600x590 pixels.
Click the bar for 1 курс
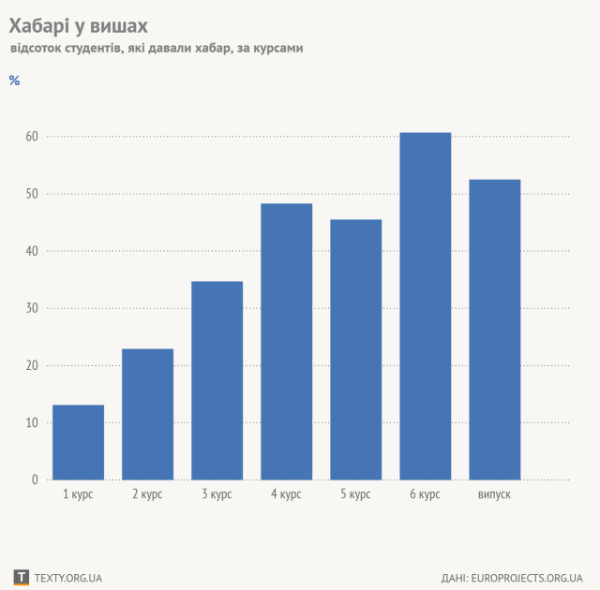tap(78, 442)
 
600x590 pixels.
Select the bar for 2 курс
tap(147, 414)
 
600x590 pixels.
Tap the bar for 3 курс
tap(217, 380)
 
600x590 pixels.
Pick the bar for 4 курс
tap(286, 342)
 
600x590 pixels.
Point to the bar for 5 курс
tap(355, 349)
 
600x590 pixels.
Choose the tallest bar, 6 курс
tap(425, 306)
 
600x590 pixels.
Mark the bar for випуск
tap(494, 330)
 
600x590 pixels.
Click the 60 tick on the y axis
tap(32, 137)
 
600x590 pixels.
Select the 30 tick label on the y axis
tap(32, 308)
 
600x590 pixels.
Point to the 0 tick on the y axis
tap(35, 479)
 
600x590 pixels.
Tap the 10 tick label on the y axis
tap(32, 422)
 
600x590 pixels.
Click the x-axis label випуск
tap(494, 494)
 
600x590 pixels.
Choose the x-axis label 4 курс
tap(286, 494)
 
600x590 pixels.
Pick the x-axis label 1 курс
tap(78, 494)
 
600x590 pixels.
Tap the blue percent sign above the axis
tap(14, 80)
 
